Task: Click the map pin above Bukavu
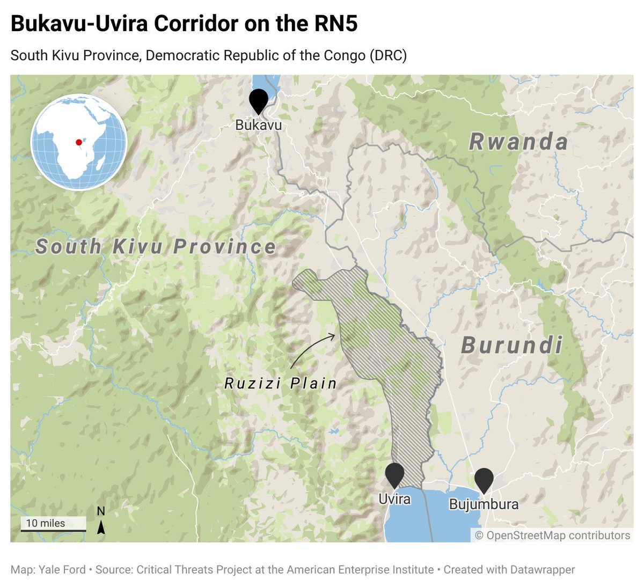[x=259, y=100]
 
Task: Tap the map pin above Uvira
[x=395, y=474]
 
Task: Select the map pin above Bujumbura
[x=484, y=479]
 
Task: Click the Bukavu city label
[x=259, y=125]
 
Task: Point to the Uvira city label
[x=394, y=499]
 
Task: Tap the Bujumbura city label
[x=484, y=504]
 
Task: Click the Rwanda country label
[x=518, y=142]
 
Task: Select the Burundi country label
[x=512, y=345]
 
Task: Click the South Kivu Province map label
[x=156, y=247]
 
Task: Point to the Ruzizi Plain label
[x=281, y=384]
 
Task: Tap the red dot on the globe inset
[x=79, y=142]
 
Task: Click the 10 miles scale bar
[x=53, y=524]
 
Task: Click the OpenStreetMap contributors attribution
[x=553, y=535]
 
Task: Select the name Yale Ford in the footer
[x=62, y=569]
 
